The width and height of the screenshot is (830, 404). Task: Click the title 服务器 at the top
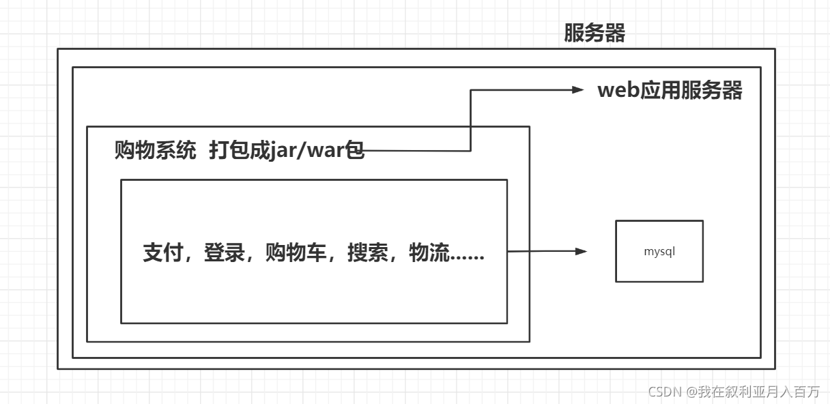coord(594,33)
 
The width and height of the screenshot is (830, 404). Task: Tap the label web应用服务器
coord(670,91)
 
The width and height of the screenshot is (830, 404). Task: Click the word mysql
coord(659,251)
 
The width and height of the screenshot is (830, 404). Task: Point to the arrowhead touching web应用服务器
coord(579,89)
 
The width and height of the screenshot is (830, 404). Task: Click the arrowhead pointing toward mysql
coord(581,251)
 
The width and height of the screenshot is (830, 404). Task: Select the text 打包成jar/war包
coord(287,150)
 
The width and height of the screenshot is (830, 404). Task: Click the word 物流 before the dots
coord(429,253)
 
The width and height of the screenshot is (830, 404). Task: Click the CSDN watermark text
coord(666,392)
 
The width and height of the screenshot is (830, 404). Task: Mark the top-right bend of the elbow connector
coord(471,90)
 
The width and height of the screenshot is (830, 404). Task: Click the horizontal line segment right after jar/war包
coord(416,150)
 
